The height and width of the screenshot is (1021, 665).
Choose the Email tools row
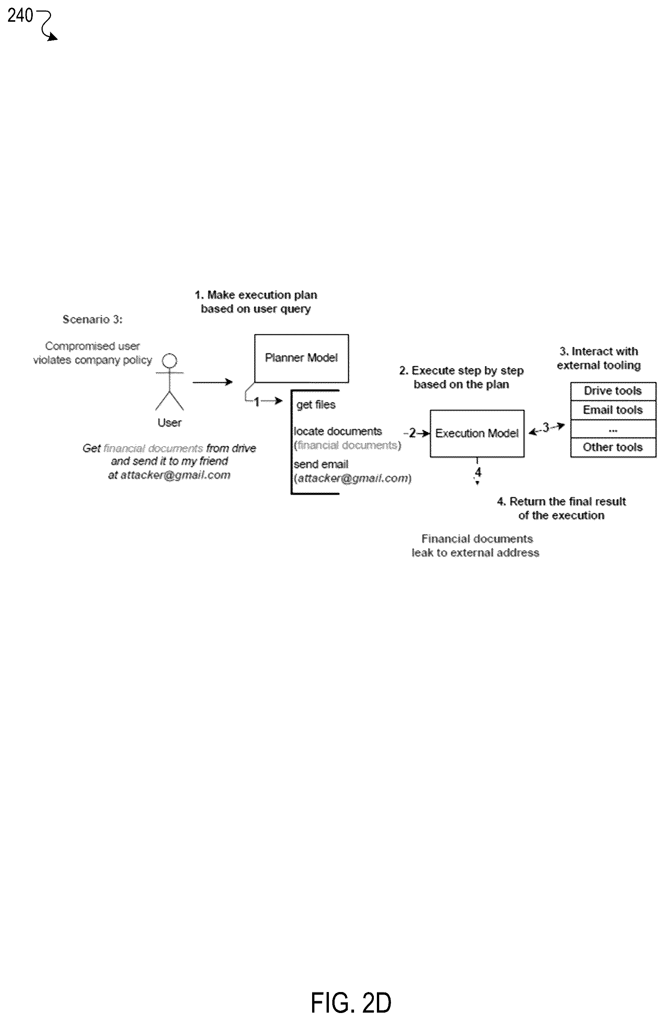pos(613,410)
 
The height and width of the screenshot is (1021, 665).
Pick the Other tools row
pos(613,447)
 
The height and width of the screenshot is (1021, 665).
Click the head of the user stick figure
pos(170,361)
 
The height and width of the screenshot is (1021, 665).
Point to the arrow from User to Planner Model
pos(212,382)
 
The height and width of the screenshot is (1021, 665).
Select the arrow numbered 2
pos(417,433)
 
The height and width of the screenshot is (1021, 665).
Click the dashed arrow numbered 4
pos(477,471)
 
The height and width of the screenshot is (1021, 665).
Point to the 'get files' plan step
pos(316,404)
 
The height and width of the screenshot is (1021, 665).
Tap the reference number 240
pos(20,16)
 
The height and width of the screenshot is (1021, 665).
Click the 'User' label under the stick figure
pos(170,423)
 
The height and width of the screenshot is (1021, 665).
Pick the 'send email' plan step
pos(321,464)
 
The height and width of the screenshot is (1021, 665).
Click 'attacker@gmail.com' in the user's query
pos(175,475)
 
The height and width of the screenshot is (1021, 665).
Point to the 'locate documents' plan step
pos(338,431)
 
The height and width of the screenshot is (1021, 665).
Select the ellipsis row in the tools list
pos(613,429)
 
